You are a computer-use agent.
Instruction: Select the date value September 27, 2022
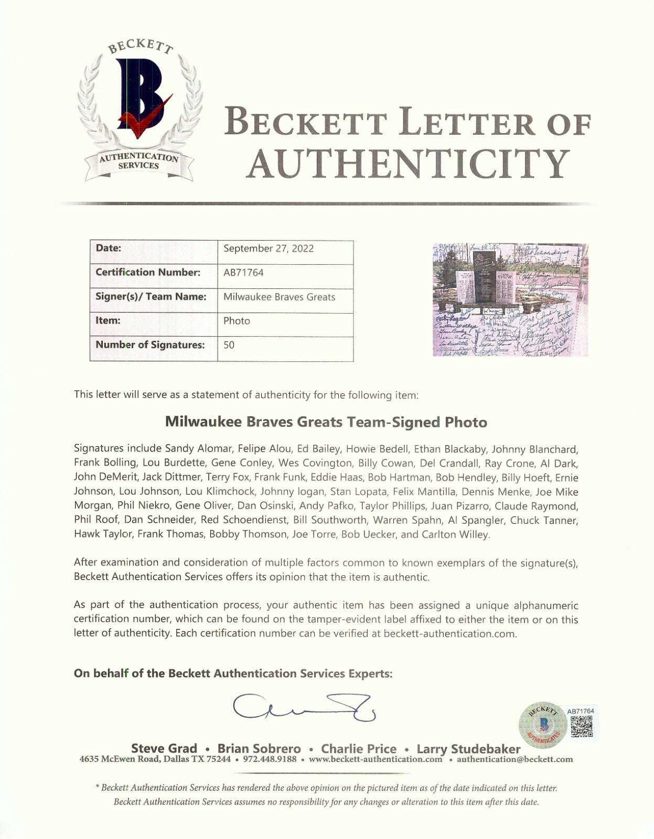point(269,249)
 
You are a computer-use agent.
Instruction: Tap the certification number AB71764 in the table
point(243,273)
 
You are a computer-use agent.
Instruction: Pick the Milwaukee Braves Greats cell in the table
point(279,297)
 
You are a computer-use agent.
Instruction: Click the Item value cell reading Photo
point(237,321)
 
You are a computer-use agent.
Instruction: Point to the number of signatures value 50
point(229,345)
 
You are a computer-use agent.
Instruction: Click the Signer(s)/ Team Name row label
point(151,297)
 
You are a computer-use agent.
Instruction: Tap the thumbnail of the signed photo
point(510,299)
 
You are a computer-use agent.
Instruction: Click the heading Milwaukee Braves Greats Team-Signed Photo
point(326,422)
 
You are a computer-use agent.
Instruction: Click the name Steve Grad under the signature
point(164,749)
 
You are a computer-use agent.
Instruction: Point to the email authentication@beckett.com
point(514,759)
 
